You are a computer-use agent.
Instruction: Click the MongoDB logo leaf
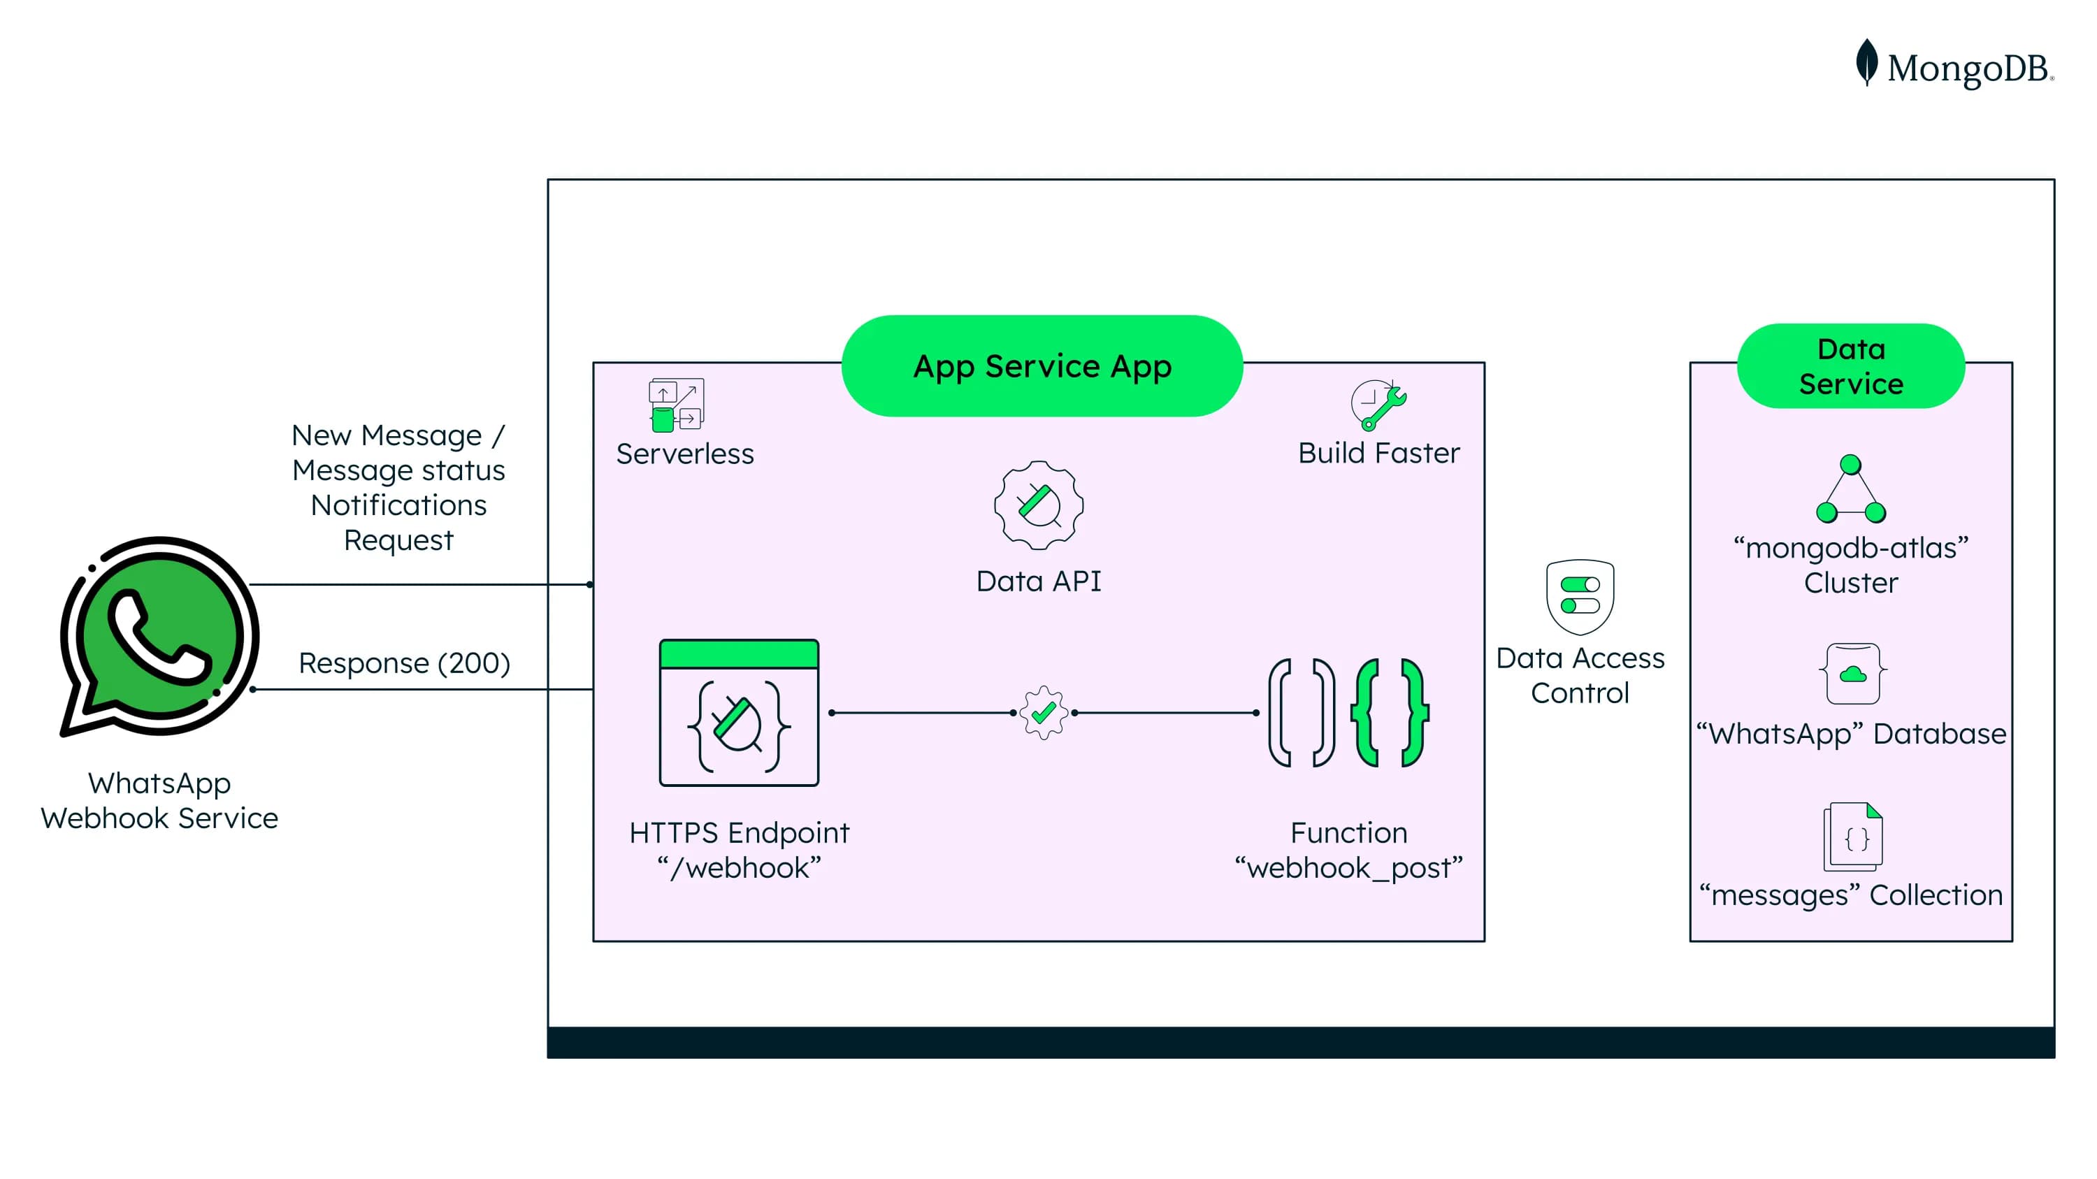point(1866,62)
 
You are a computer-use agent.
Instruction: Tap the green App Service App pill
point(1042,366)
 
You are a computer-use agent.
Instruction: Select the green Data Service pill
point(1850,366)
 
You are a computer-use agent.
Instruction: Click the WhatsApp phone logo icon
point(159,635)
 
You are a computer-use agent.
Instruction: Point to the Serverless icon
point(676,405)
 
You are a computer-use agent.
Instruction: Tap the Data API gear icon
point(1039,505)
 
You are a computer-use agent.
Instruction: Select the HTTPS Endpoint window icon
point(738,713)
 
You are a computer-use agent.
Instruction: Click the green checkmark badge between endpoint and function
point(1044,713)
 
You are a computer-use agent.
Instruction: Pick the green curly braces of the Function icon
point(1390,713)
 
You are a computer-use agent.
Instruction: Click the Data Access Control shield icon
point(1579,596)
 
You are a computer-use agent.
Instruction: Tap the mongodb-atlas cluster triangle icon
point(1850,490)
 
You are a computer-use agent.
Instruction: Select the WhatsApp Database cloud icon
point(1853,674)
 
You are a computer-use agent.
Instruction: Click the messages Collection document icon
point(1853,837)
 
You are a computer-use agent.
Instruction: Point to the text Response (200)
point(405,663)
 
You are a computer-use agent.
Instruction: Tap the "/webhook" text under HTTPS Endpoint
point(738,868)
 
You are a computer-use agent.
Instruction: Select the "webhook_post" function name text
point(1349,868)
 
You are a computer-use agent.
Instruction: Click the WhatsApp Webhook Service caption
point(159,801)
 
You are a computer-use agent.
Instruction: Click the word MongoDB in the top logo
point(1968,68)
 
